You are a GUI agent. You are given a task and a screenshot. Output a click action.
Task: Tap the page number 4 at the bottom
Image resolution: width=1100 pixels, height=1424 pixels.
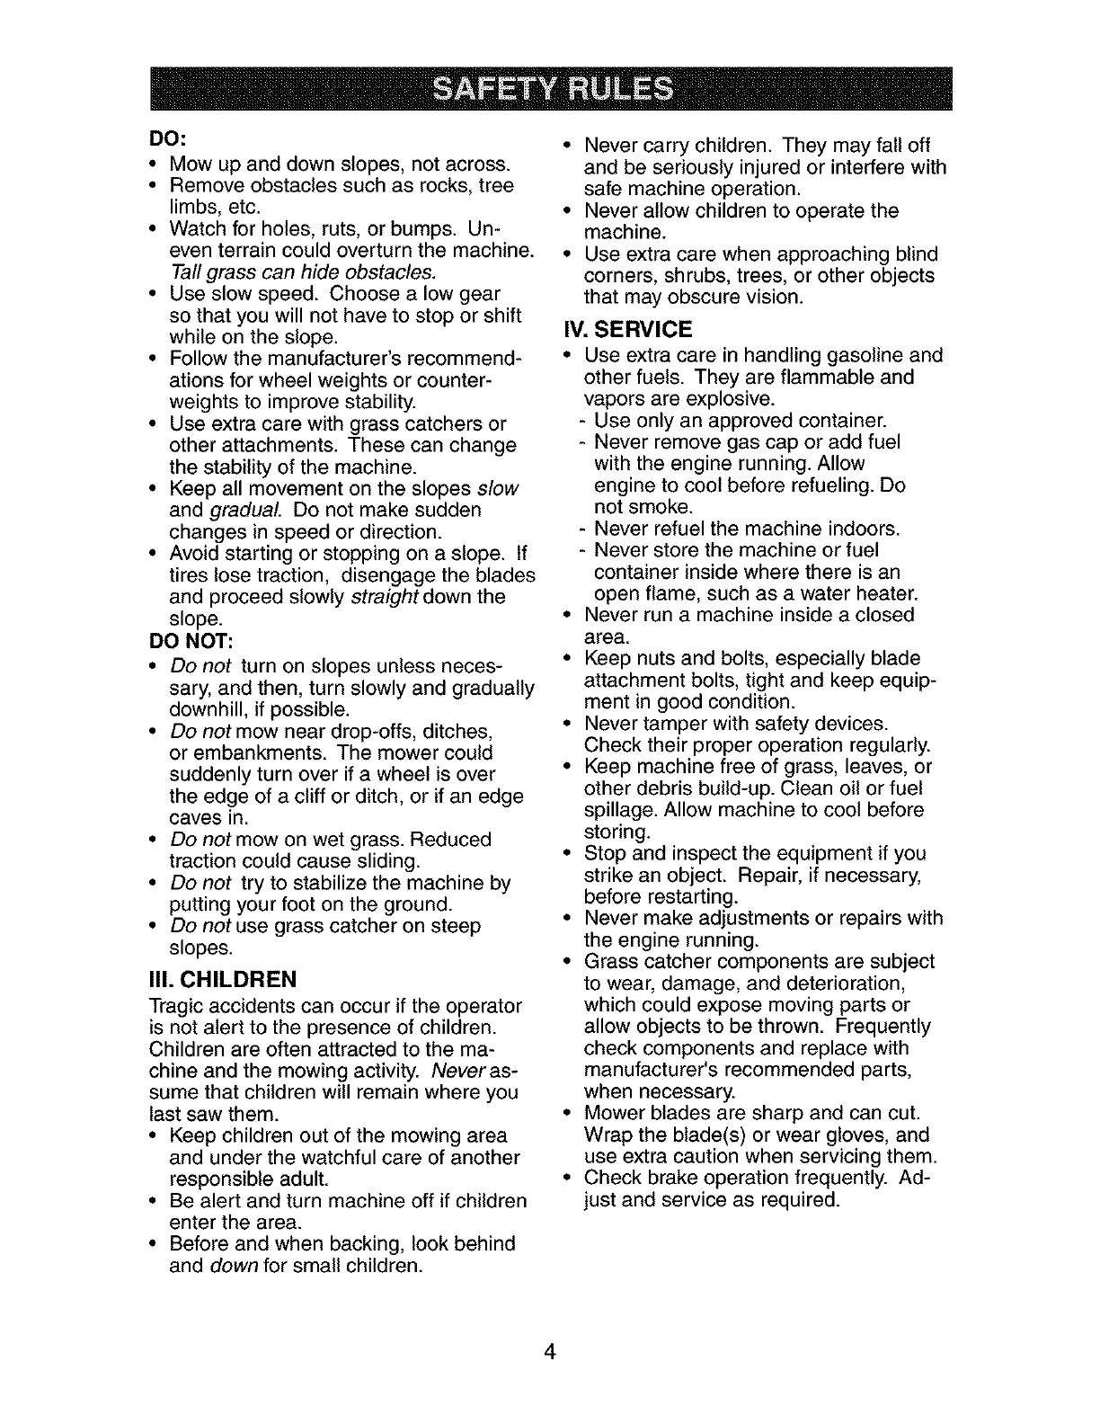click(x=550, y=1353)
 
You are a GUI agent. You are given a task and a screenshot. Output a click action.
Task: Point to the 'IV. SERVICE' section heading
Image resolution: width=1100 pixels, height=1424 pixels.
click(x=627, y=329)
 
